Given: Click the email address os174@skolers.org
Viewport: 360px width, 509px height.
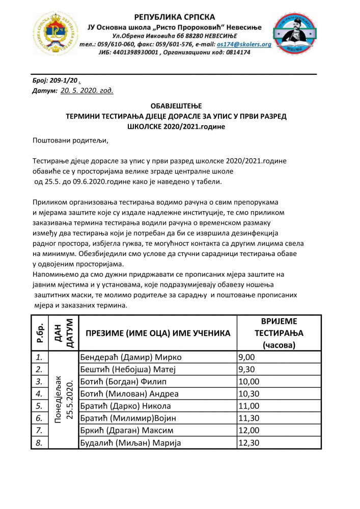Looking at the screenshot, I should click(x=244, y=44).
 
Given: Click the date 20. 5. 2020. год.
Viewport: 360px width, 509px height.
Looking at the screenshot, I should click(x=87, y=90).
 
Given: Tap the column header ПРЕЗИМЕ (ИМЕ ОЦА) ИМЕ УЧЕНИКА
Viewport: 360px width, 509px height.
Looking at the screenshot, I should click(x=158, y=333).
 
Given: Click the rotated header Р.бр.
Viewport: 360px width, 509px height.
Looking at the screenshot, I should click(x=41, y=333).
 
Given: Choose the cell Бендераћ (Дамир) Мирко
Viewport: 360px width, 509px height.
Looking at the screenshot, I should click(x=130, y=357).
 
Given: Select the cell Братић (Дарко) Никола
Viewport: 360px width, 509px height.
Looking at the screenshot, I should click(x=125, y=406).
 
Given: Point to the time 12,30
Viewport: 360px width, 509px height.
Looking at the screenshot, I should click(x=249, y=443).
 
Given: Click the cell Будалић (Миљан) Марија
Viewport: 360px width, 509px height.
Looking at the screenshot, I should click(x=130, y=443).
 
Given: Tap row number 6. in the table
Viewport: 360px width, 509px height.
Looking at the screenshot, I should click(x=38, y=418).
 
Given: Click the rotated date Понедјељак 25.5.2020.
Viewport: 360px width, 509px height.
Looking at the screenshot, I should click(x=64, y=400).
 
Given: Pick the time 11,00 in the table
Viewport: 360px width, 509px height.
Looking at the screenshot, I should click(x=249, y=406).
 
